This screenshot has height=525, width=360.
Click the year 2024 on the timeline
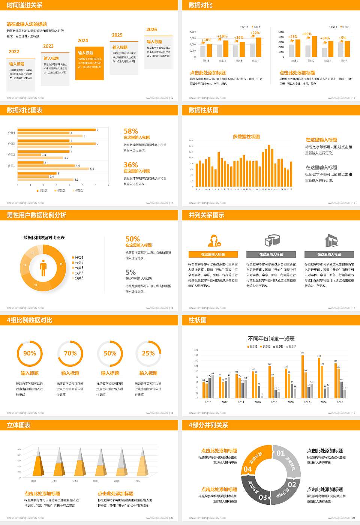83,40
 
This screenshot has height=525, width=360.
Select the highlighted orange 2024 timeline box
89,63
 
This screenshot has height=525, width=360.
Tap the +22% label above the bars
255,33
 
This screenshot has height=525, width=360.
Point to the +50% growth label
307,34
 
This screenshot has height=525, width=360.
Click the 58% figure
131,131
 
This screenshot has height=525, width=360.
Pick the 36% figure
131,165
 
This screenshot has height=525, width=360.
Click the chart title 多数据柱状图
246,136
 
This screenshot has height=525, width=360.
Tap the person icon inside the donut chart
43,268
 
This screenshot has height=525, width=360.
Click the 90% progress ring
30,353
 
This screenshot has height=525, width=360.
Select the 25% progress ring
148,353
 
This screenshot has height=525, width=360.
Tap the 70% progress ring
70,353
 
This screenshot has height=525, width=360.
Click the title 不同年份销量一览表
271,338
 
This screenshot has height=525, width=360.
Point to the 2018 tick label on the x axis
274,402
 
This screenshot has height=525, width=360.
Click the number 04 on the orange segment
248,469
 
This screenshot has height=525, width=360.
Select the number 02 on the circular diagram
292,484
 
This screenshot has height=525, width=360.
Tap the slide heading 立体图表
19,425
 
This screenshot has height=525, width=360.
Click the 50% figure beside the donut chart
133,239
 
